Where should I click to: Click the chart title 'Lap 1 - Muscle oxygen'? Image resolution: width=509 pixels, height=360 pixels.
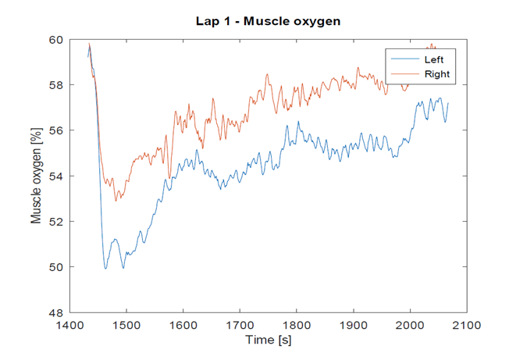(x=268, y=20)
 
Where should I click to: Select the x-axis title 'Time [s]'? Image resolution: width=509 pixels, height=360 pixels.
(x=268, y=340)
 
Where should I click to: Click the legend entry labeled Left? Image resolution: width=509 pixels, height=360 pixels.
(x=433, y=59)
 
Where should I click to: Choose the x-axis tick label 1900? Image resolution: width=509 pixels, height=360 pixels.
(x=354, y=323)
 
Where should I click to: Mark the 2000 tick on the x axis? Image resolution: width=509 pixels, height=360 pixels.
(x=411, y=323)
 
